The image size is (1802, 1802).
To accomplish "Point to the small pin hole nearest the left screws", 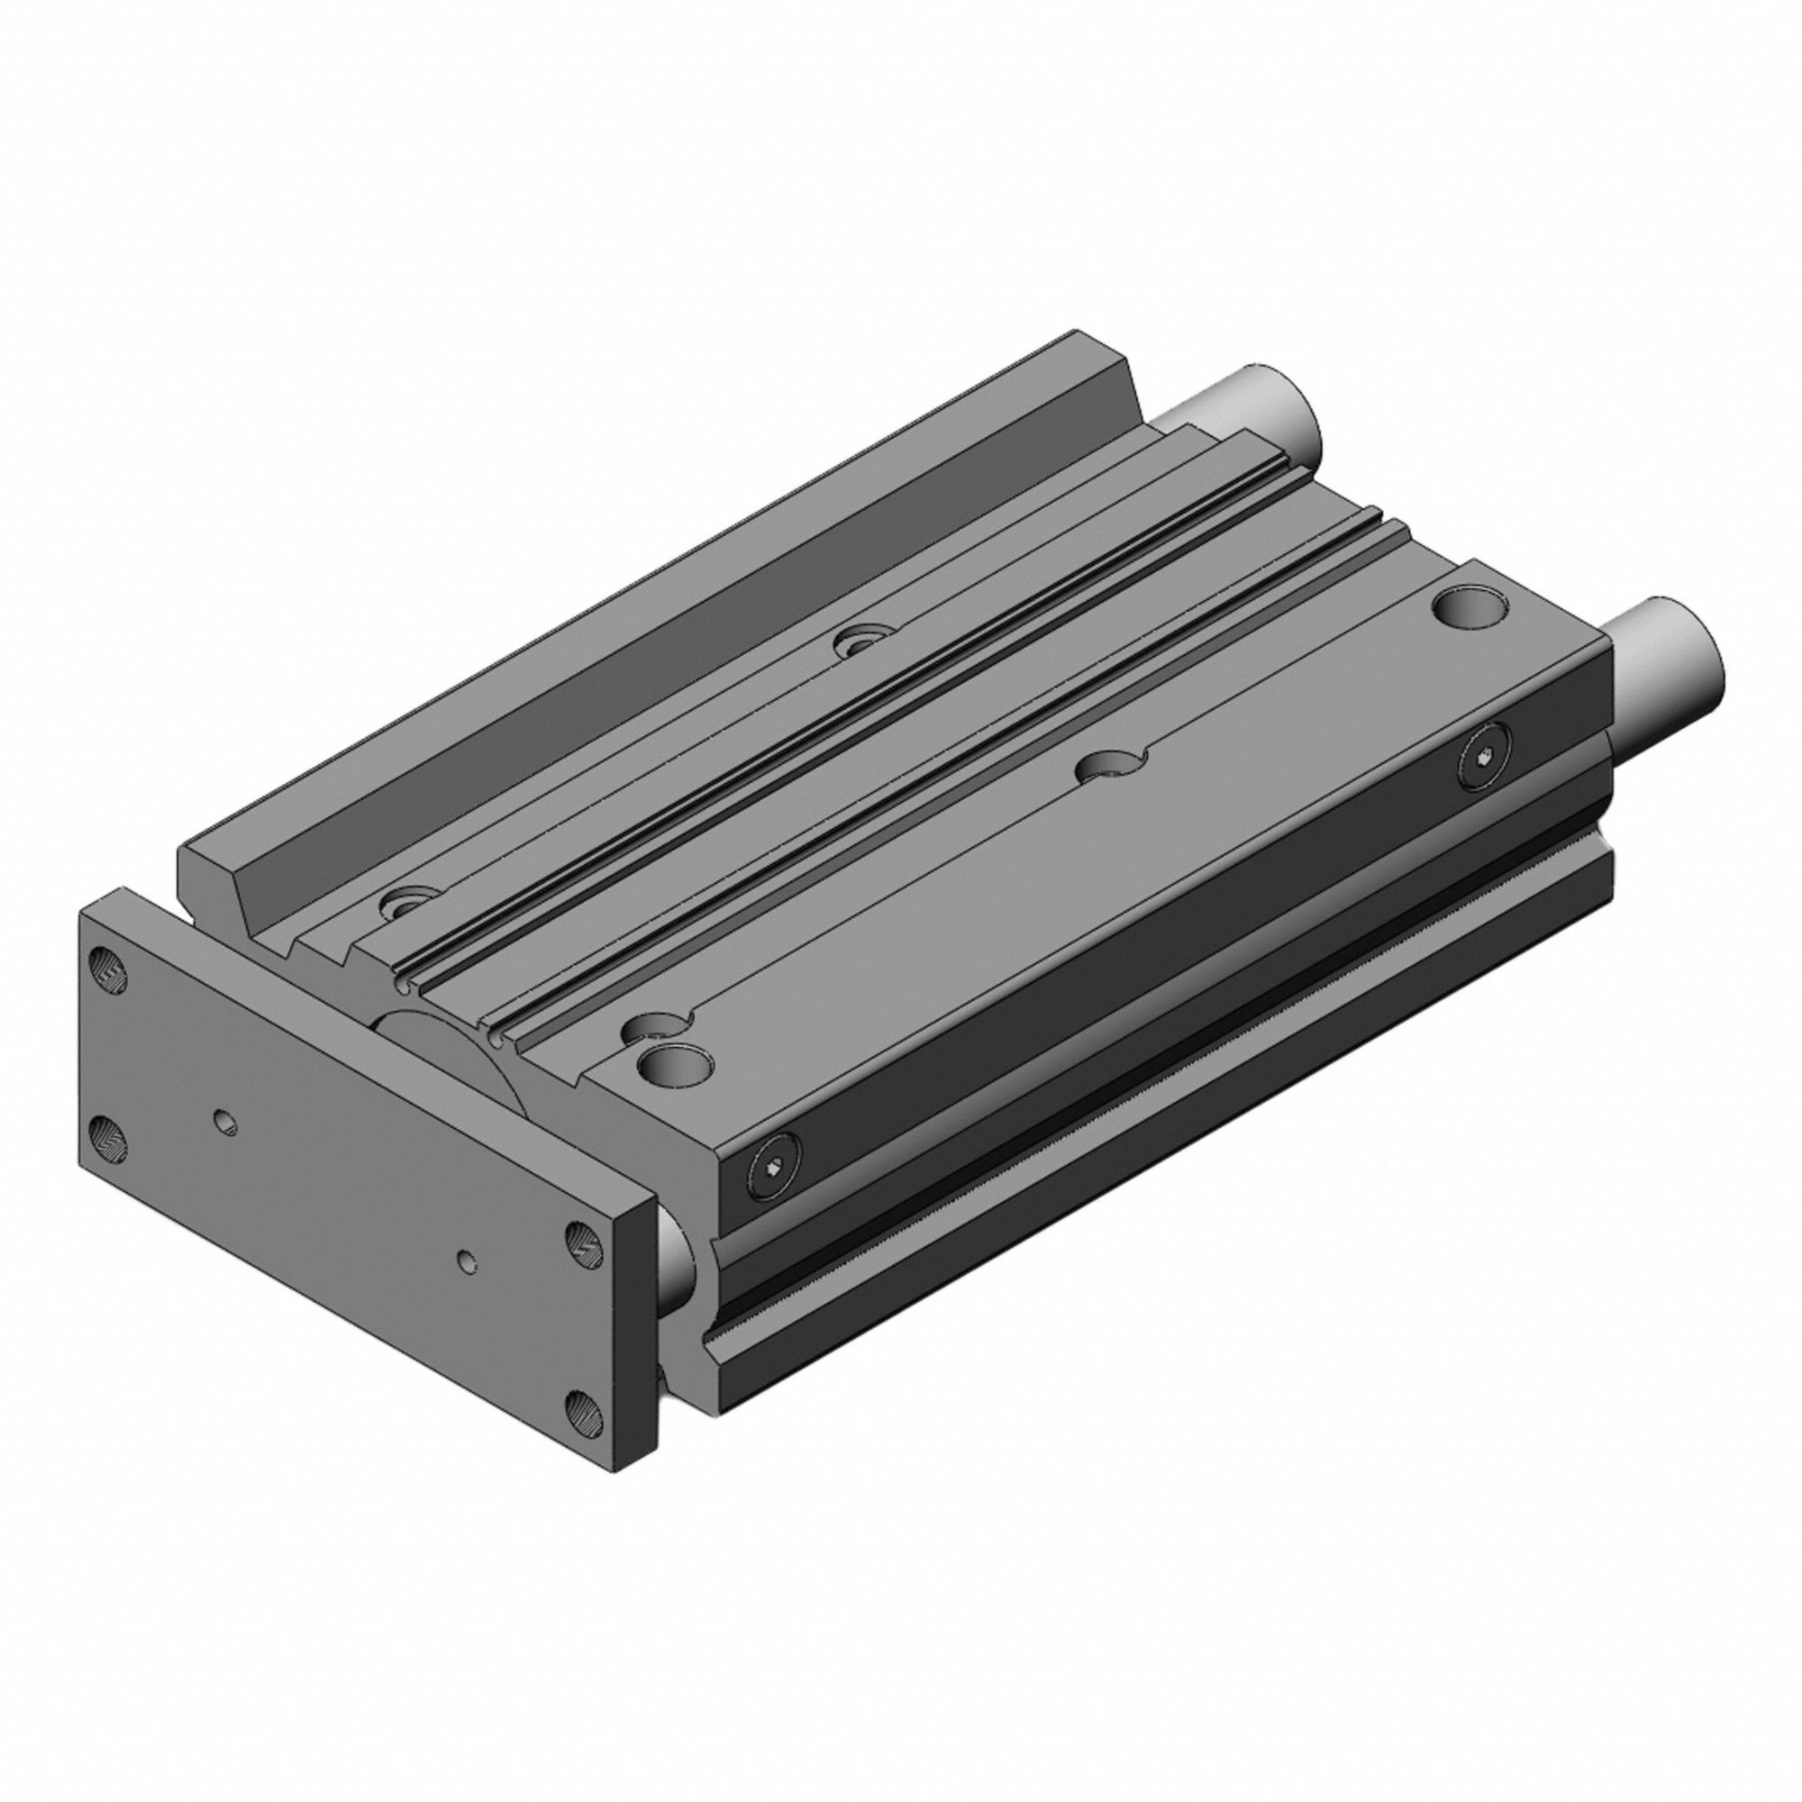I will pyautogui.click(x=223, y=1122).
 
